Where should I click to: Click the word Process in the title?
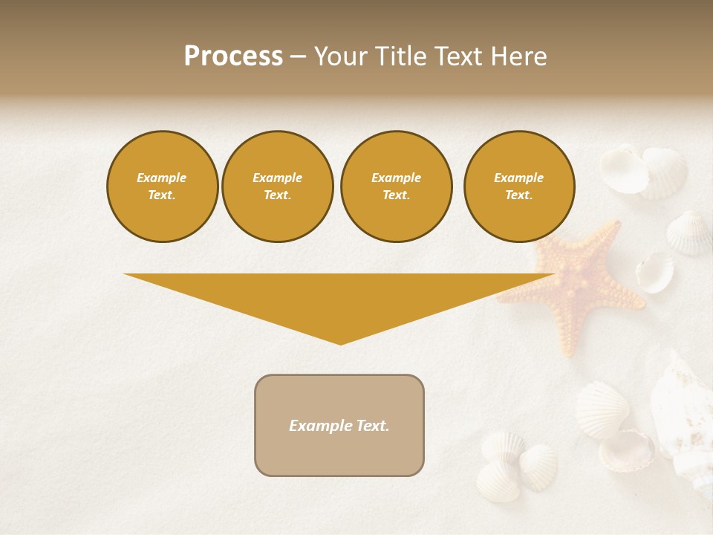pos(233,56)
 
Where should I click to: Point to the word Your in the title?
pos(339,56)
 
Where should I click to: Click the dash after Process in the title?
pos(298,57)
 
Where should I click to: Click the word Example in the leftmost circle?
pos(162,178)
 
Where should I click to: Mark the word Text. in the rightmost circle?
pos(518,195)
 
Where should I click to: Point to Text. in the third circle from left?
pos(396,195)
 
